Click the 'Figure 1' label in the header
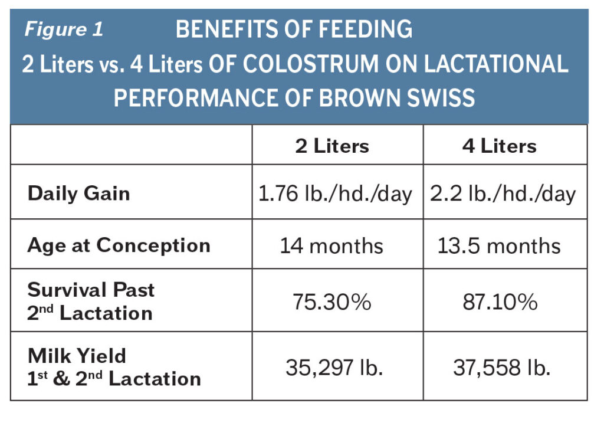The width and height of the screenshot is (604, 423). click(x=64, y=29)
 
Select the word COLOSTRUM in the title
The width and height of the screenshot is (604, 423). click(x=292, y=64)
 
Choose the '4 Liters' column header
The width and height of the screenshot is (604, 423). click(x=499, y=146)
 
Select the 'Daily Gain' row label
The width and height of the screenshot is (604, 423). click(x=78, y=194)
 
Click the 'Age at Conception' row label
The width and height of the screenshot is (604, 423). click(x=119, y=245)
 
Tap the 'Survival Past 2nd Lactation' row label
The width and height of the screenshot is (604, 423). click(x=91, y=301)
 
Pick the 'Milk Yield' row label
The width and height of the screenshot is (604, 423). click(x=77, y=356)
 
